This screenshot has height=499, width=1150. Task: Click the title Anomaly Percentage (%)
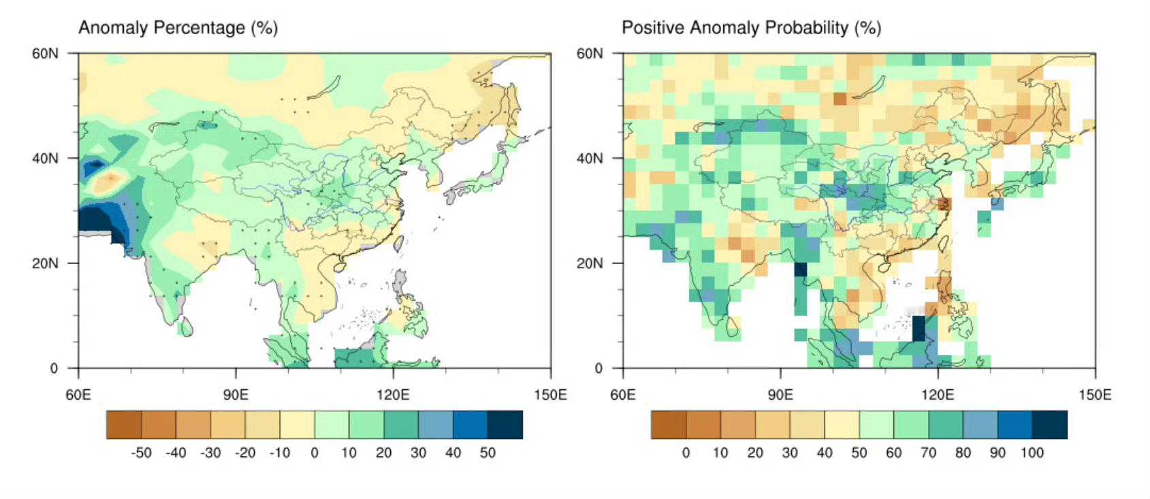point(178,28)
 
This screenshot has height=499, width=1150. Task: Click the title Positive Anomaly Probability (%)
point(751,28)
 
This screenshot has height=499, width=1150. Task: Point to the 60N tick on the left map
point(73,53)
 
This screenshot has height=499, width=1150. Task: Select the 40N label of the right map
point(590,158)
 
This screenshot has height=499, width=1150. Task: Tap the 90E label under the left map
point(236,395)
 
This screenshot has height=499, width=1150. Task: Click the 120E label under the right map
point(938,395)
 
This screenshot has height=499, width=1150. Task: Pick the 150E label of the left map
point(550,395)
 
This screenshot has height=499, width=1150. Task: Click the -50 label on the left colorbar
point(141,453)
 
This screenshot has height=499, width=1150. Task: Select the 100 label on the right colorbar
point(1032,453)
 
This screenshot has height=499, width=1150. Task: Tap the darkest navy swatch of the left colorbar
point(505,425)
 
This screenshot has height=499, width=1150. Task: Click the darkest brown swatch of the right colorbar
point(669,425)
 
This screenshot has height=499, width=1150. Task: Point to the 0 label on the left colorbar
point(314,453)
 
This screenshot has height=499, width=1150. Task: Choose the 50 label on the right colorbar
point(859,453)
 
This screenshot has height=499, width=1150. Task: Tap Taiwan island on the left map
point(398,243)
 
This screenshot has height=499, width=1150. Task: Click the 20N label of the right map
point(590,263)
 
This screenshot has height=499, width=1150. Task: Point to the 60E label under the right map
point(623,395)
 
